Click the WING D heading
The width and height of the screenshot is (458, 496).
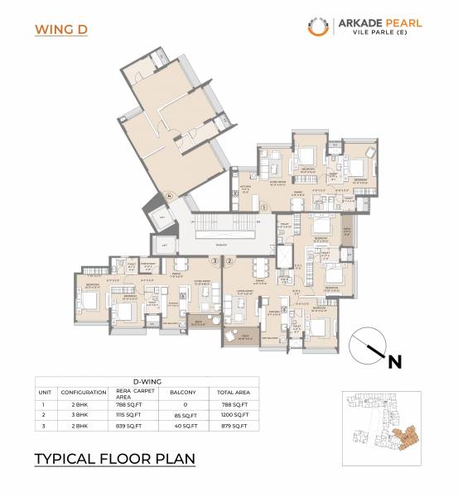point(61,30)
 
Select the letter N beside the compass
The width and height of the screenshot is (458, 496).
point(395,360)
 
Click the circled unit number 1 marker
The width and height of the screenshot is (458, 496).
point(263,207)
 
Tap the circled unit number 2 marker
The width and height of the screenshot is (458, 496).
point(229,260)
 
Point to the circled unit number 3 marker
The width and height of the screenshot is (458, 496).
point(215,260)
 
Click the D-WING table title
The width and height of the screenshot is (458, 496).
point(146,381)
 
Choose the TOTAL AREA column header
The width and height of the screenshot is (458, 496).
point(233,393)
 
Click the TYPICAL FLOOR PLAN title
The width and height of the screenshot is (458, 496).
point(114,457)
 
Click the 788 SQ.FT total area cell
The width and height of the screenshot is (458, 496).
point(233,404)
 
